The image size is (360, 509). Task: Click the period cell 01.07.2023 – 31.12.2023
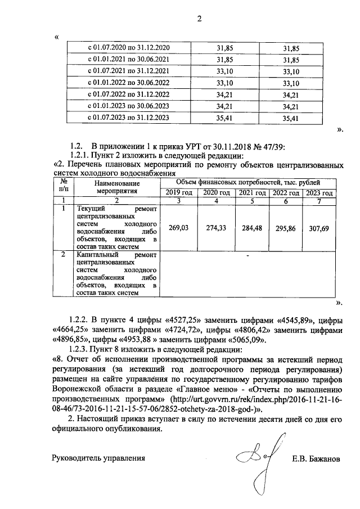130,118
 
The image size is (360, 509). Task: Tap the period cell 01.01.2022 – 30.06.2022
130,83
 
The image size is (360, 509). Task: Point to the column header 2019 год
179,193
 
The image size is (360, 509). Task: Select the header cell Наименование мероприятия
117,187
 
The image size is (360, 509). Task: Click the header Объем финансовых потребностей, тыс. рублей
249,183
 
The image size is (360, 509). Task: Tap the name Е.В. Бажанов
316,458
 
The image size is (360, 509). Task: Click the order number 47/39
275,147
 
